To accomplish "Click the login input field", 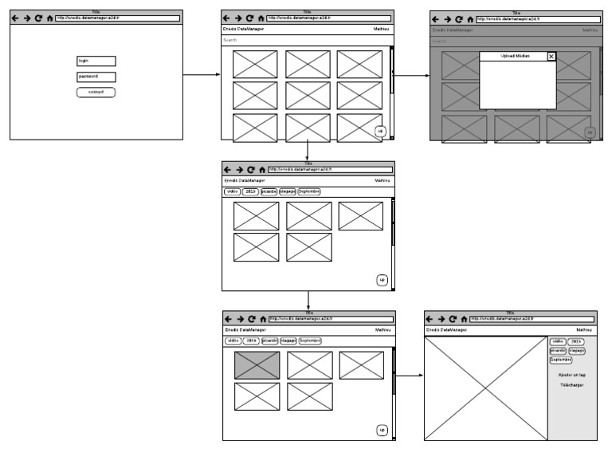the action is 96,61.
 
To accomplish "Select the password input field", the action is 96,77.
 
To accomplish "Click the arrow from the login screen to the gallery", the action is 201,76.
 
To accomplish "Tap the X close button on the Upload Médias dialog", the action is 551,57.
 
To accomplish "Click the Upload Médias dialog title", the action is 514,57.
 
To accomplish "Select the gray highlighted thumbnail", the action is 257,365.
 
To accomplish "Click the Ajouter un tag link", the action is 572,374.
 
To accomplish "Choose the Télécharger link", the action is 571,385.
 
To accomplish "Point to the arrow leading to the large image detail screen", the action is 410,376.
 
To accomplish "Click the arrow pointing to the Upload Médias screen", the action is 411,76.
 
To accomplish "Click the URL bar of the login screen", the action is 118,18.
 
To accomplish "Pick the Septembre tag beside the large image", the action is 561,360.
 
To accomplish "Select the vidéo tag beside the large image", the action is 558,341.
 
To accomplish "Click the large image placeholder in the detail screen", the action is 485,388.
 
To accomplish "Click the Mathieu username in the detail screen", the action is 586,329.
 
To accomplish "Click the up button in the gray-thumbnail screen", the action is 382,430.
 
